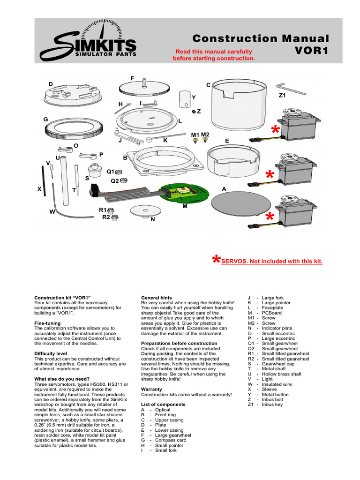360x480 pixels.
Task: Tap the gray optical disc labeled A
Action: tap(232, 201)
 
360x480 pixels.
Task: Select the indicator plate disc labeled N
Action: tap(143, 210)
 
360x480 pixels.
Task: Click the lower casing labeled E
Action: tap(232, 159)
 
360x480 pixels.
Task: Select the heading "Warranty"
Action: tap(151, 389)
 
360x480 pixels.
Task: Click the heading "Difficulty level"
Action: tap(51, 353)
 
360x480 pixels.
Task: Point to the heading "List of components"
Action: tap(163, 404)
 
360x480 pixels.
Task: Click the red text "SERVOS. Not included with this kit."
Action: tap(272, 261)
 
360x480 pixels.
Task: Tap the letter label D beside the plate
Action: tap(51, 83)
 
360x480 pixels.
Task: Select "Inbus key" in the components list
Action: tap(272, 404)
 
